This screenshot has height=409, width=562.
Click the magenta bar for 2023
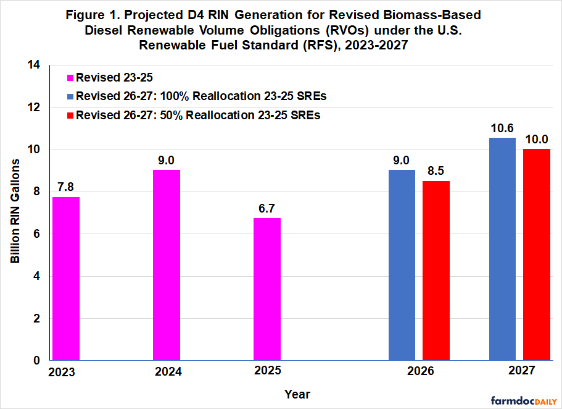tap(66, 279)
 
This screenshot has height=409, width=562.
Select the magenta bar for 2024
tap(167, 265)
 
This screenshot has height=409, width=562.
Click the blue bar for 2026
tap(402, 265)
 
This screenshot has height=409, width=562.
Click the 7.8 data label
tap(66, 185)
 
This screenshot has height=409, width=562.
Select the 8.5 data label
tap(436, 170)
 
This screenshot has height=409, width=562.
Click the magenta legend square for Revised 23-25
tap(70, 78)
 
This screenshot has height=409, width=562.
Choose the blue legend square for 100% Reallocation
tap(70, 96)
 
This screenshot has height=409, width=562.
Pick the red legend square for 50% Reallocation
tap(70, 115)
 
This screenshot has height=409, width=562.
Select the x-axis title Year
tap(297, 394)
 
